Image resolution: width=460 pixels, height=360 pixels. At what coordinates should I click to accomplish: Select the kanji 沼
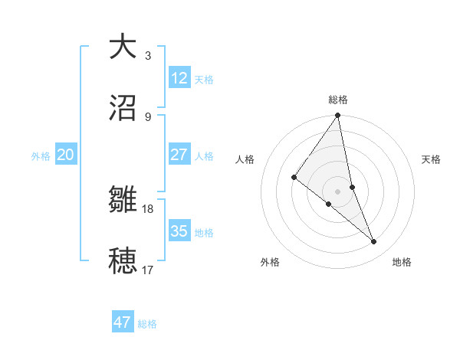tap(123, 108)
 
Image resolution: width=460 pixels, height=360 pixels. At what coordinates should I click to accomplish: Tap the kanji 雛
tap(123, 201)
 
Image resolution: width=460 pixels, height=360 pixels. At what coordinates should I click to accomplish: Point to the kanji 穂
tap(123, 261)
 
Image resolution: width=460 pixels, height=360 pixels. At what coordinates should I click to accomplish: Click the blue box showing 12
tap(179, 78)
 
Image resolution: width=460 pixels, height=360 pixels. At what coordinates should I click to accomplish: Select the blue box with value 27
tap(179, 155)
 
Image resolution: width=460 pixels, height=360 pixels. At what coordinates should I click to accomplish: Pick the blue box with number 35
tap(179, 231)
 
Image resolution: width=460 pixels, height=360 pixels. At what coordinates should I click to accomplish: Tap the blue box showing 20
tap(66, 155)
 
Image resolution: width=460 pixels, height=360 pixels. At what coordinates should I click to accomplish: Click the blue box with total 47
tap(123, 322)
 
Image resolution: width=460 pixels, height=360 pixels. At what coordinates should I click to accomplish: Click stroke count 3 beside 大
tap(148, 56)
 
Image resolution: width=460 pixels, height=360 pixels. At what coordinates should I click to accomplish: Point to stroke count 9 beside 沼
tap(148, 117)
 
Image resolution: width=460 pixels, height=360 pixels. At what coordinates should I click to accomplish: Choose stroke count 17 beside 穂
tap(148, 270)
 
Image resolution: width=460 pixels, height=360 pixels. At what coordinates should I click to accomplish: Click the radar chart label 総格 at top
tap(338, 100)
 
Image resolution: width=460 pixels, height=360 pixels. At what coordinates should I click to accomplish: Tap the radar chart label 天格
tap(432, 159)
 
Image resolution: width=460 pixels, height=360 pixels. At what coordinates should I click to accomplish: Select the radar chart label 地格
tap(402, 262)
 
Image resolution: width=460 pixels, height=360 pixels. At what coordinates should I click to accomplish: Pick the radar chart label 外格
tap(270, 262)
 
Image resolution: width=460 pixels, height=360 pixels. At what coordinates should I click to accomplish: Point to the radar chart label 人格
tap(245, 159)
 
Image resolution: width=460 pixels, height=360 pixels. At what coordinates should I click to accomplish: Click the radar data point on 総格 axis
tap(338, 116)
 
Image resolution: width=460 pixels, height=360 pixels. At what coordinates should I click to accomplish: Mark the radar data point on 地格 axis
tap(374, 241)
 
